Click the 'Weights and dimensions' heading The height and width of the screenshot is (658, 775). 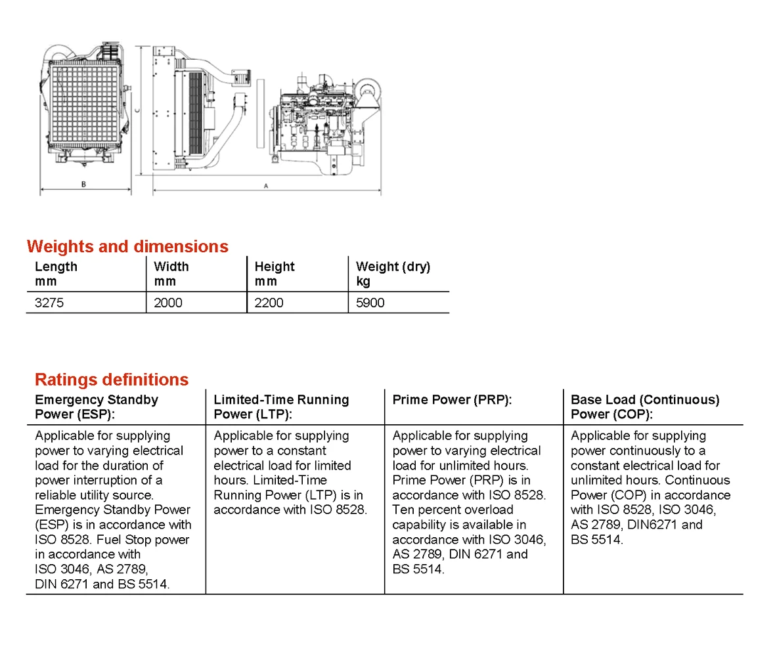click(127, 247)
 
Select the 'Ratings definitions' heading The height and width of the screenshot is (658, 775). click(111, 380)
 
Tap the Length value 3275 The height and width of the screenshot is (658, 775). click(49, 303)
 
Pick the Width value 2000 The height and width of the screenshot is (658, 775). click(168, 303)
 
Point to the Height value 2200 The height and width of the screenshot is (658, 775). click(269, 303)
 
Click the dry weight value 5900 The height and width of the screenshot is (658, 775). click(370, 303)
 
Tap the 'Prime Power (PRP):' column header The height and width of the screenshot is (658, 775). click(452, 400)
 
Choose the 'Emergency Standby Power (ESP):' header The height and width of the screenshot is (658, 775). click(97, 406)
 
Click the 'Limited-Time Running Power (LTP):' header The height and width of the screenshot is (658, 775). click(281, 406)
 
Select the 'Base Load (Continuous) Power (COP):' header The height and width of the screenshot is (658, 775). click(645, 406)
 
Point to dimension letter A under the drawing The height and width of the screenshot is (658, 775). click(266, 186)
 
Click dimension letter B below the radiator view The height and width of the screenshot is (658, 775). click(83, 185)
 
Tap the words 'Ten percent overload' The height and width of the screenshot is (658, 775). click(453, 510)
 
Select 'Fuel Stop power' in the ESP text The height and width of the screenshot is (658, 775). click(144, 540)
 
